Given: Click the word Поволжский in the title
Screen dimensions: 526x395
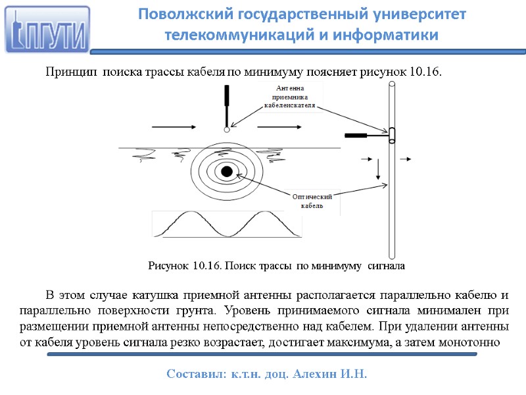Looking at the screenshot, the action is coord(176,14).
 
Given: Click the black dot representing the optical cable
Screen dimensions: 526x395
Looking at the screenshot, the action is coord(227,171).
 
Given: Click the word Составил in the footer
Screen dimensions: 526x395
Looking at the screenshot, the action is coord(193,374).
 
